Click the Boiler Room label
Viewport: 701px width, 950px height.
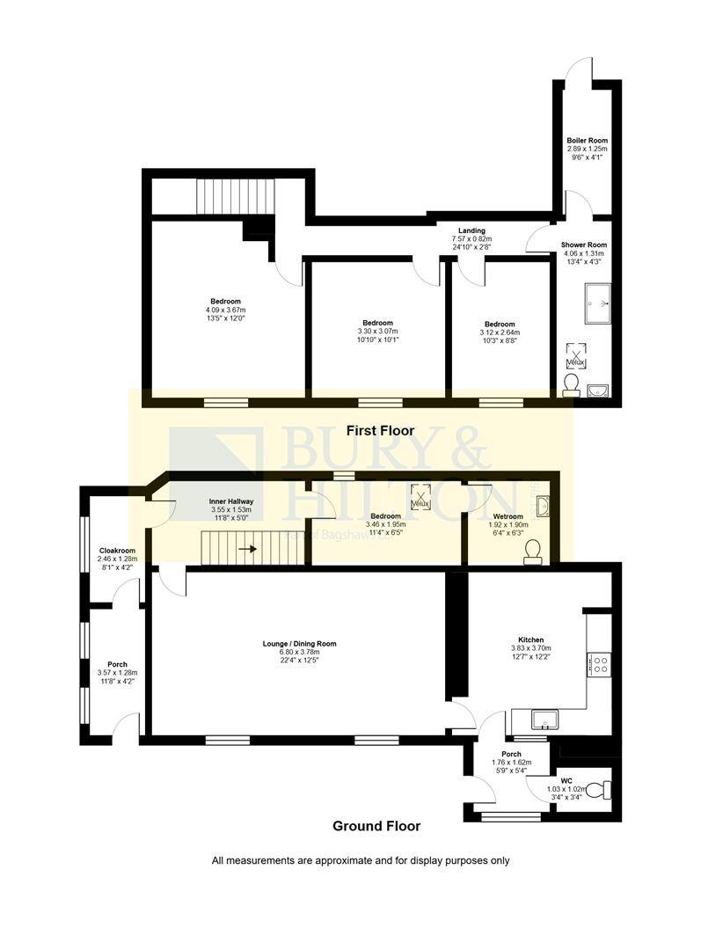[x=587, y=141]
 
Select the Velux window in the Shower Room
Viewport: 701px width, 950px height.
[x=575, y=355]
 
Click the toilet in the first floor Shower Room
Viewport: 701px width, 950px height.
[x=572, y=384]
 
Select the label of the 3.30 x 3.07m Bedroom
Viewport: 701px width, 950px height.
[x=377, y=323]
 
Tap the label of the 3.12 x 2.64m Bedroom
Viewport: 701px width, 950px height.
[x=500, y=324]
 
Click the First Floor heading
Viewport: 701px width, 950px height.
[x=380, y=431]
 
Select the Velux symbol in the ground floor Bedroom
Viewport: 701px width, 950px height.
[x=420, y=499]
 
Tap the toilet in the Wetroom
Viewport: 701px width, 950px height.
[x=532, y=551]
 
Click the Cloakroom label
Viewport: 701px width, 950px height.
[x=118, y=551]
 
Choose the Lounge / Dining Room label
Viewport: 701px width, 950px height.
[x=300, y=643]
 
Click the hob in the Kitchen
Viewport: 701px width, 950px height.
[x=599, y=664]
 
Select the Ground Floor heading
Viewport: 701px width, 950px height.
[x=376, y=826]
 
